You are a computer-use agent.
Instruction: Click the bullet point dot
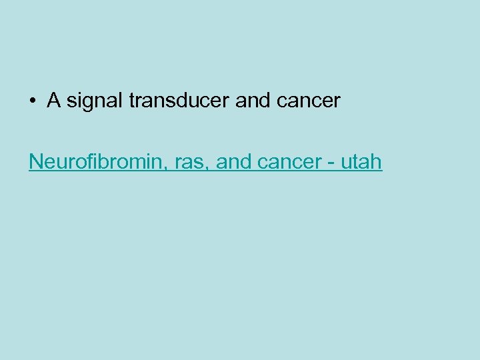(32, 102)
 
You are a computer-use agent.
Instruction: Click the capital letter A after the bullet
(54, 101)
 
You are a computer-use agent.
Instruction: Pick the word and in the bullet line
(253, 101)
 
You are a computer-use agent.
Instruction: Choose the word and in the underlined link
(233, 161)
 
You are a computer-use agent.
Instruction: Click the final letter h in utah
(377, 161)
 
